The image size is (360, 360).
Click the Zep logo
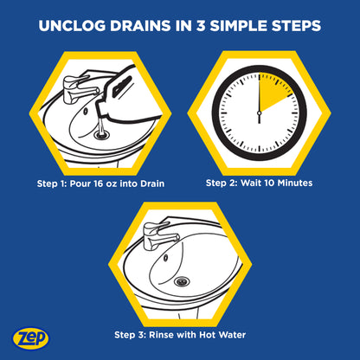pyautogui.click(x=30, y=337)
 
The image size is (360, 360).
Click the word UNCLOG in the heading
pyautogui.click(x=72, y=26)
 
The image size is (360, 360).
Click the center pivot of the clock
pyautogui.click(x=259, y=112)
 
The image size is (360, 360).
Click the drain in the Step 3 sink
pyautogui.click(x=182, y=281)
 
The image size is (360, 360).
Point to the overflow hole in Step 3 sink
pyautogui.click(x=166, y=258)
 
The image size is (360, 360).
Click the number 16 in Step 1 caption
pyautogui.click(x=98, y=183)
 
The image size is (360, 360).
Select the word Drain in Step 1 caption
pyautogui.click(x=152, y=183)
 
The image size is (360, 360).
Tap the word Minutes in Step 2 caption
pyautogui.click(x=295, y=183)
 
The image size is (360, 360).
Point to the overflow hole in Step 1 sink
pyautogui.click(x=86, y=111)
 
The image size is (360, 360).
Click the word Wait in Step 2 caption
pyautogui.click(x=251, y=183)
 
